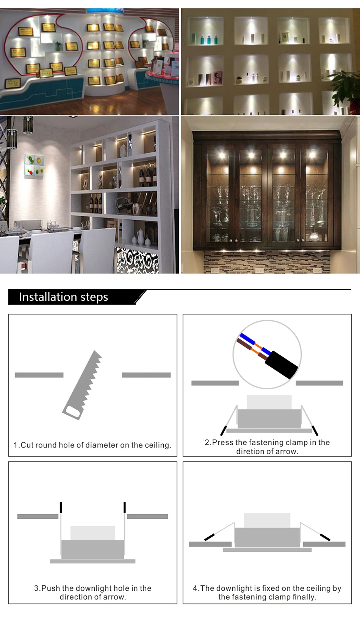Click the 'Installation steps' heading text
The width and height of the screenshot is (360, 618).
click(63, 297)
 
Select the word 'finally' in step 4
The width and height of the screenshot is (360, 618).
click(304, 597)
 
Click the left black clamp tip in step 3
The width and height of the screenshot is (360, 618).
click(61, 507)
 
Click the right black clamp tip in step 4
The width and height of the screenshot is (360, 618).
click(325, 537)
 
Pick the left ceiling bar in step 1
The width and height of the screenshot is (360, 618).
click(39, 375)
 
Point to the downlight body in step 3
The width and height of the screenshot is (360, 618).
click(92, 549)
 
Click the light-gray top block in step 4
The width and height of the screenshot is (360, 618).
click(267, 520)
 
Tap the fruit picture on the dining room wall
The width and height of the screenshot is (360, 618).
click(34, 166)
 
